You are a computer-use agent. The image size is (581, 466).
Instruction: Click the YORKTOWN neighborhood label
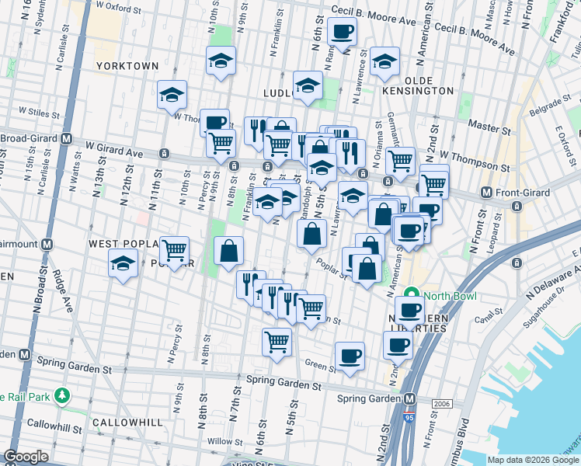tap(127, 66)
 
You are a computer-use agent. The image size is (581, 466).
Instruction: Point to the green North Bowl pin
tap(412, 296)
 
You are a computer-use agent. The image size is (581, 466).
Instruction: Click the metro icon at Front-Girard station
tap(486, 192)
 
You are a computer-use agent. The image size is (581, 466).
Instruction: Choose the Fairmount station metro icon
tap(47, 244)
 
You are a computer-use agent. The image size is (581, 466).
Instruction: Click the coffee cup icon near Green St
tap(350, 355)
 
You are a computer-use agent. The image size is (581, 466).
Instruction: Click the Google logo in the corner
tap(26, 456)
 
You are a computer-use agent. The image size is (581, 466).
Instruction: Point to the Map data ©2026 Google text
tap(533, 460)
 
